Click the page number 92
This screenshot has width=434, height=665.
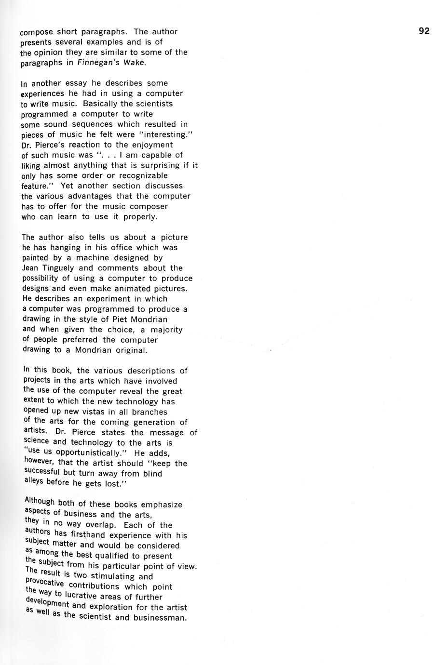pyautogui.click(x=424, y=31)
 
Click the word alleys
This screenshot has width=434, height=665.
pyautogui.click(x=34, y=481)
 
